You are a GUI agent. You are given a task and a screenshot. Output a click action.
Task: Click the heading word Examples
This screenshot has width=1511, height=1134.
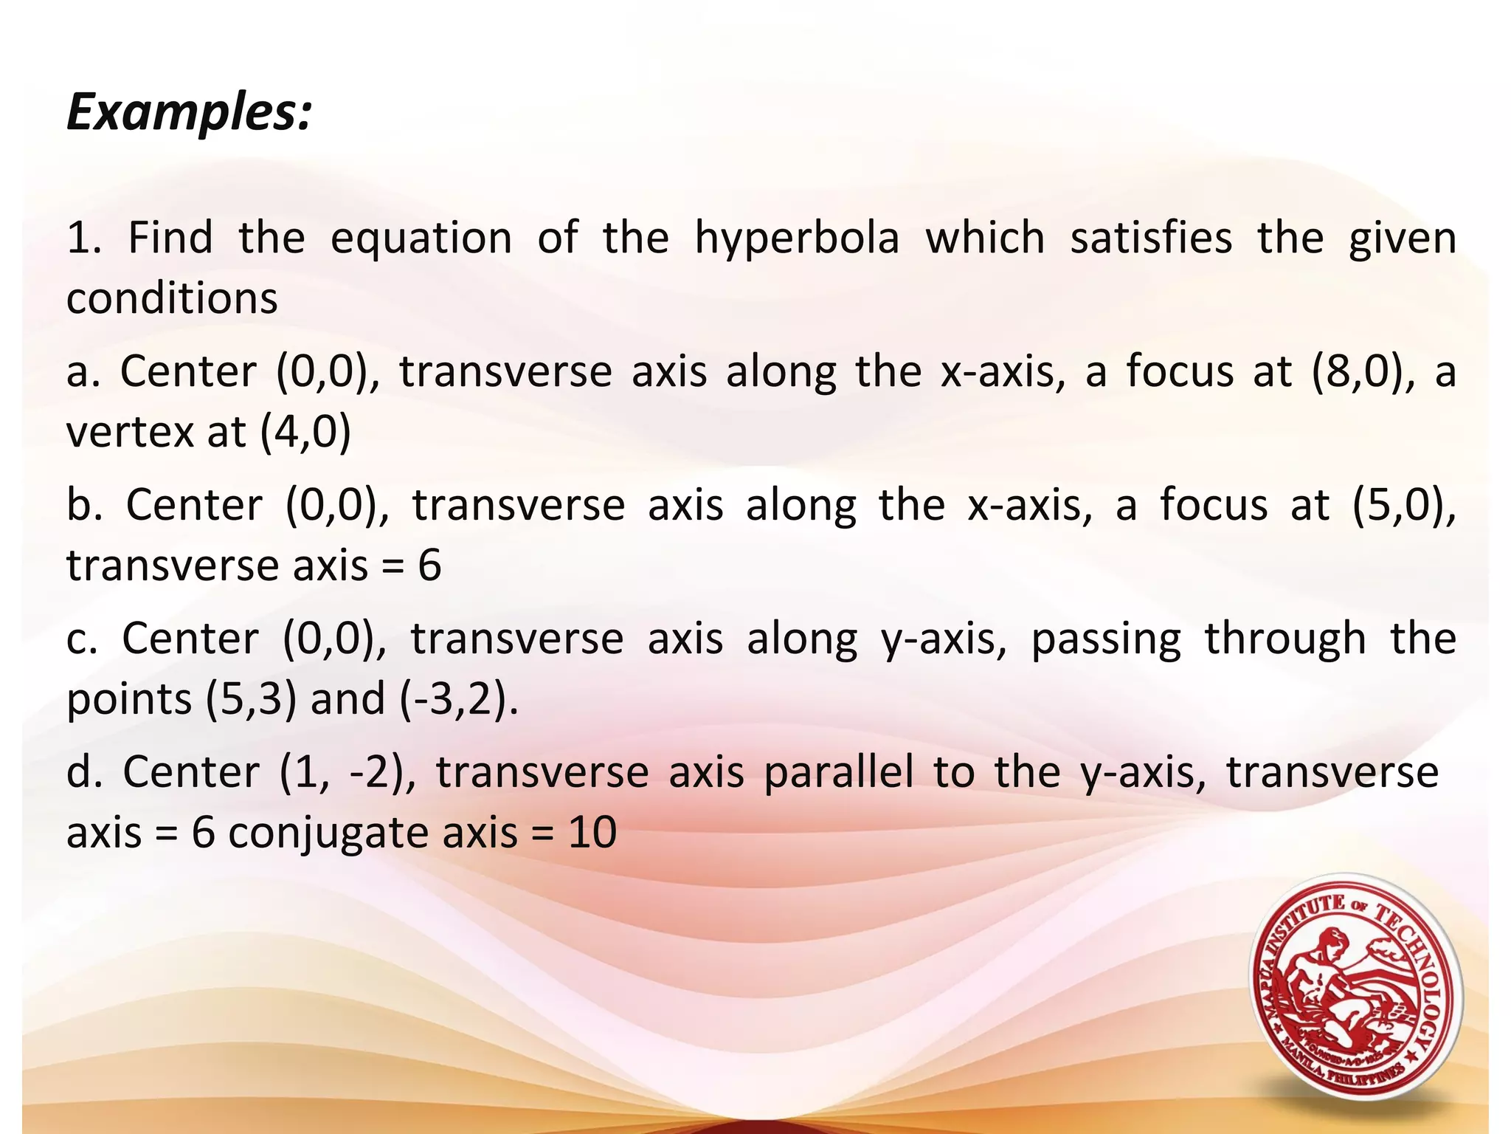(x=189, y=114)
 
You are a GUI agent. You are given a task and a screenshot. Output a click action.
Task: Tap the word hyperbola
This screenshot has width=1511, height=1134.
(x=797, y=239)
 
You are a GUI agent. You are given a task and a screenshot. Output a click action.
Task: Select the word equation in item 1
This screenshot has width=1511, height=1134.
(x=421, y=239)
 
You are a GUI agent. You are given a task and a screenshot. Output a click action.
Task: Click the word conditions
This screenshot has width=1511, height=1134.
(x=172, y=299)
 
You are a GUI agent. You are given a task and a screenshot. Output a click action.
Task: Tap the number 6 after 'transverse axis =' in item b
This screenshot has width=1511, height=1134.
(x=429, y=566)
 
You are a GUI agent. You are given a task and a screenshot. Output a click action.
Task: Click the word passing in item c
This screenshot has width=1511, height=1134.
(x=1105, y=639)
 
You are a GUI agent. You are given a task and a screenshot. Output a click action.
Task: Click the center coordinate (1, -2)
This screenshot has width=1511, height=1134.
(x=346, y=773)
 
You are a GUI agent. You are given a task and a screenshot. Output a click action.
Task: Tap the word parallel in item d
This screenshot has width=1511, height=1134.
(x=838, y=773)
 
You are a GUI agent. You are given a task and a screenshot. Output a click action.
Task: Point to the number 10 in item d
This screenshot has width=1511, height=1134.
(x=592, y=833)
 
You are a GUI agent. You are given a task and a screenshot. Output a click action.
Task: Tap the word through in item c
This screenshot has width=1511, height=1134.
(x=1285, y=639)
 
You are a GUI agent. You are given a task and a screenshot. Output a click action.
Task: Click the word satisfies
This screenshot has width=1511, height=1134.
(x=1151, y=239)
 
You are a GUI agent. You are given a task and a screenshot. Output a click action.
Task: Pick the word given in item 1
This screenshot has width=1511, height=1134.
(x=1402, y=239)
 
